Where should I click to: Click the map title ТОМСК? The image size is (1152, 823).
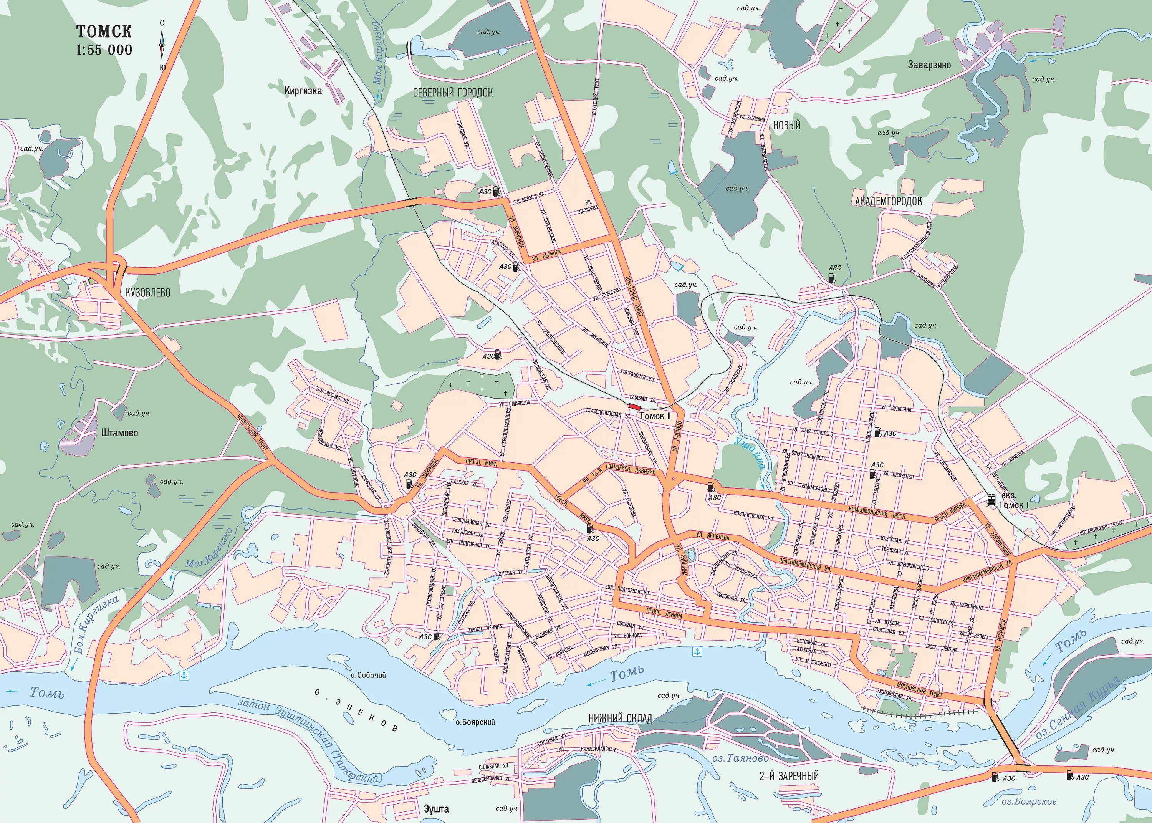click(104, 31)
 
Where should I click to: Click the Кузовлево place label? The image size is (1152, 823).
click(147, 292)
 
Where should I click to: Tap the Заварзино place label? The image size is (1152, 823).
click(929, 65)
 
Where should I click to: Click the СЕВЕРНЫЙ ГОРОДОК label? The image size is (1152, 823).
click(452, 93)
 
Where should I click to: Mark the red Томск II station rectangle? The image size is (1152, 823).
click(634, 406)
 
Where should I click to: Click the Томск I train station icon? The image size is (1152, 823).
click(991, 500)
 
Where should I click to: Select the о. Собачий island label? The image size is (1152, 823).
click(368, 675)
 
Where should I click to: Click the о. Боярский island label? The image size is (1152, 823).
click(475, 722)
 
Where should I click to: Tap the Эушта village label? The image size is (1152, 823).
click(436, 809)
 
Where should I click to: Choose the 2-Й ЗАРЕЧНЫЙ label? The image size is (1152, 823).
click(789, 776)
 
